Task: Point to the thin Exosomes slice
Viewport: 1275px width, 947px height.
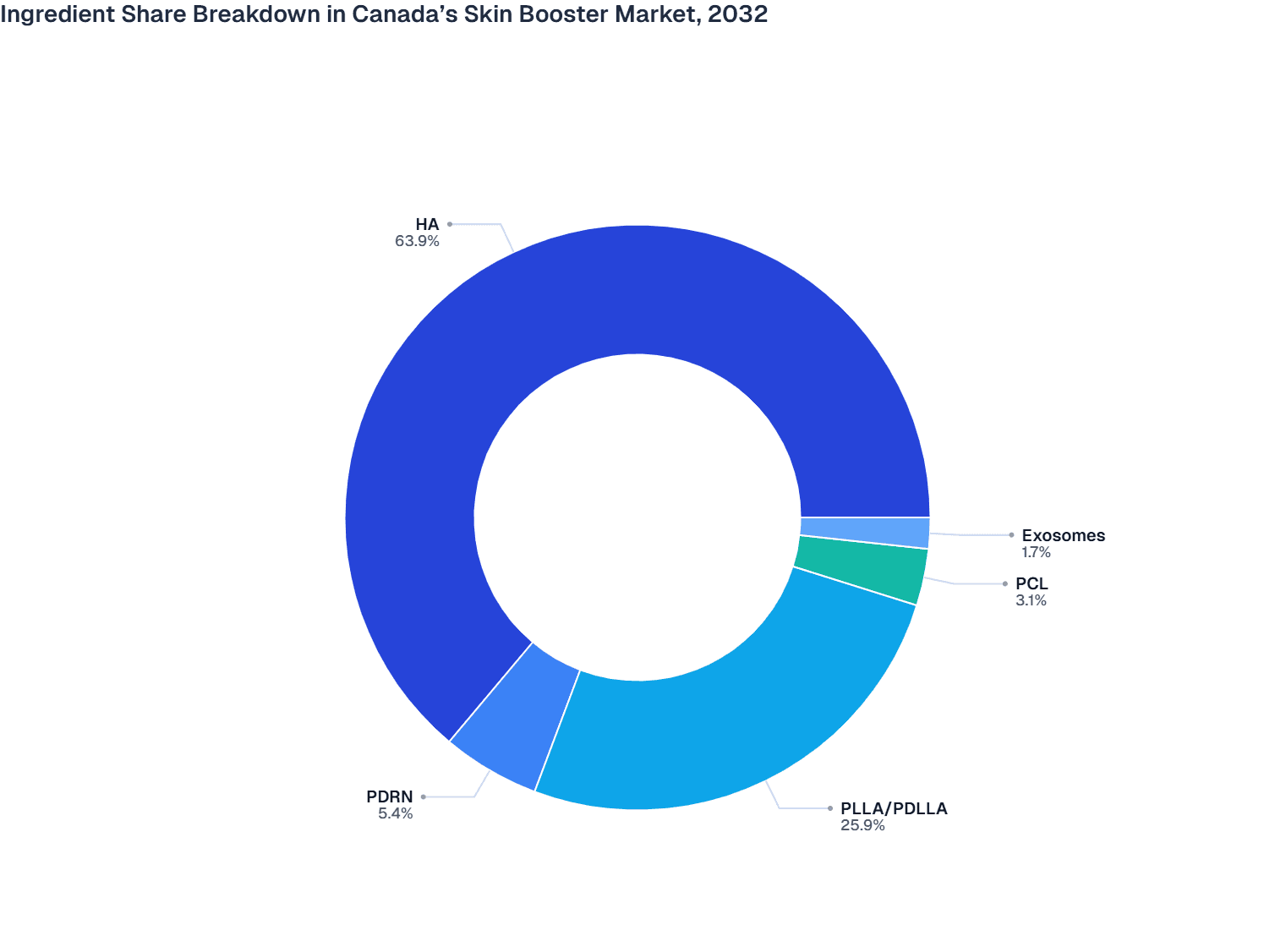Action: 865,532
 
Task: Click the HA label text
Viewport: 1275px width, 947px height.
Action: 427,224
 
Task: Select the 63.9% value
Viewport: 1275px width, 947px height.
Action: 417,241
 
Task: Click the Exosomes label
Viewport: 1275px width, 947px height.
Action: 1063,535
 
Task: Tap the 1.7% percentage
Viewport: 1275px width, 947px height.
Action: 1036,552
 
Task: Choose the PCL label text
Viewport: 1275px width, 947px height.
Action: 1031,583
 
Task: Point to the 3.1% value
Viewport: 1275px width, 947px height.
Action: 1031,600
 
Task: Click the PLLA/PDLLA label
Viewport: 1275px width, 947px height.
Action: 894,808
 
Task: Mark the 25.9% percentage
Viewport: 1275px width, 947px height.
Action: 862,825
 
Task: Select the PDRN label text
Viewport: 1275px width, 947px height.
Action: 390,796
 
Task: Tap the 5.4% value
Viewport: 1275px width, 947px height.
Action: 396,813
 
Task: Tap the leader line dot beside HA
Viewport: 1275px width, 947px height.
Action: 450,224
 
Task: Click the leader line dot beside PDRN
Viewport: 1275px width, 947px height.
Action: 424,796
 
